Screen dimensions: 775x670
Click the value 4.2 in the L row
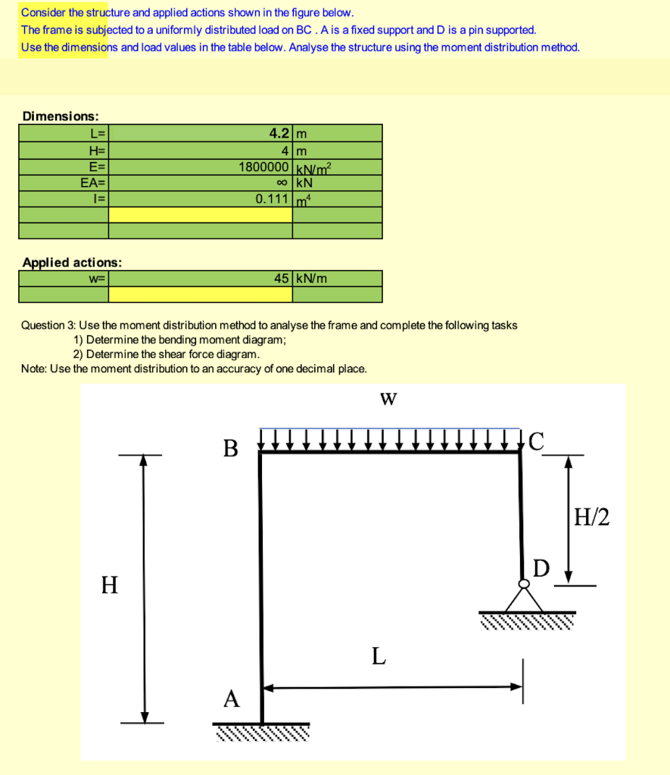pyautogui.click(x=279, y=134)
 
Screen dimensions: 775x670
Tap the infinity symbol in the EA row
pyautogui.click(x=282, y=182)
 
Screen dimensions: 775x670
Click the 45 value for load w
pyautogui.click(x=282, y=278)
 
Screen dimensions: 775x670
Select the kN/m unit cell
pyautogui.click(x=312, y=278)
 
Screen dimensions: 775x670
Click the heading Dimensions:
pyautogui.click(x=61, y=116)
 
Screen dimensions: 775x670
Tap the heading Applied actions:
pyautogui.click(x=72, y=263)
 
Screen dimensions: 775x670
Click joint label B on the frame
pyautogui.click(x=230, y=449)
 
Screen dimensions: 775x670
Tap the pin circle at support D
pyautogui.click(x=523, y=584)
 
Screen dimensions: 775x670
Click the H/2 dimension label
pyautogui.click(x=591, y=518)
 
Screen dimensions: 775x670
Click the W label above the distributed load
pyautogui.click(x=389, y=399)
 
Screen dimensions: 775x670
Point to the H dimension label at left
pyautogui.click(x=110, y=585)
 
